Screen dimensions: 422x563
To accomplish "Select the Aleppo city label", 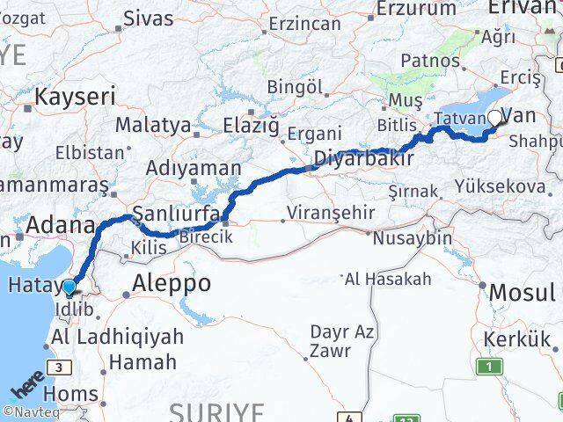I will coord(172,283).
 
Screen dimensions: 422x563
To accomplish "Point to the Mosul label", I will coord(523,292).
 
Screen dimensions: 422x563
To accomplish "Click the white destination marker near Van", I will coord(495,118).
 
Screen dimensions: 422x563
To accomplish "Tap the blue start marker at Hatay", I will coord(69,287).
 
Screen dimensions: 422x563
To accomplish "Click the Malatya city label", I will coord(153,125).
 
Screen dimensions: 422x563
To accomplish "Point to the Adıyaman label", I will coord(194,168).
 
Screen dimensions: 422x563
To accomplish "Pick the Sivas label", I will coord(149,18).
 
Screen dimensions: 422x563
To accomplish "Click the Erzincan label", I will coord(305,24).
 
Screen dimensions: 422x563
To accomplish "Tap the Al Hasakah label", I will coord(388,280).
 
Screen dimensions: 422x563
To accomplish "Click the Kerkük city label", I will coord(517,339).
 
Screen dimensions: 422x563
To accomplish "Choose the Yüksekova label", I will coord(500,186).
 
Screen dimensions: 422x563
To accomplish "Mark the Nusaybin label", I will coord(413,237).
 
